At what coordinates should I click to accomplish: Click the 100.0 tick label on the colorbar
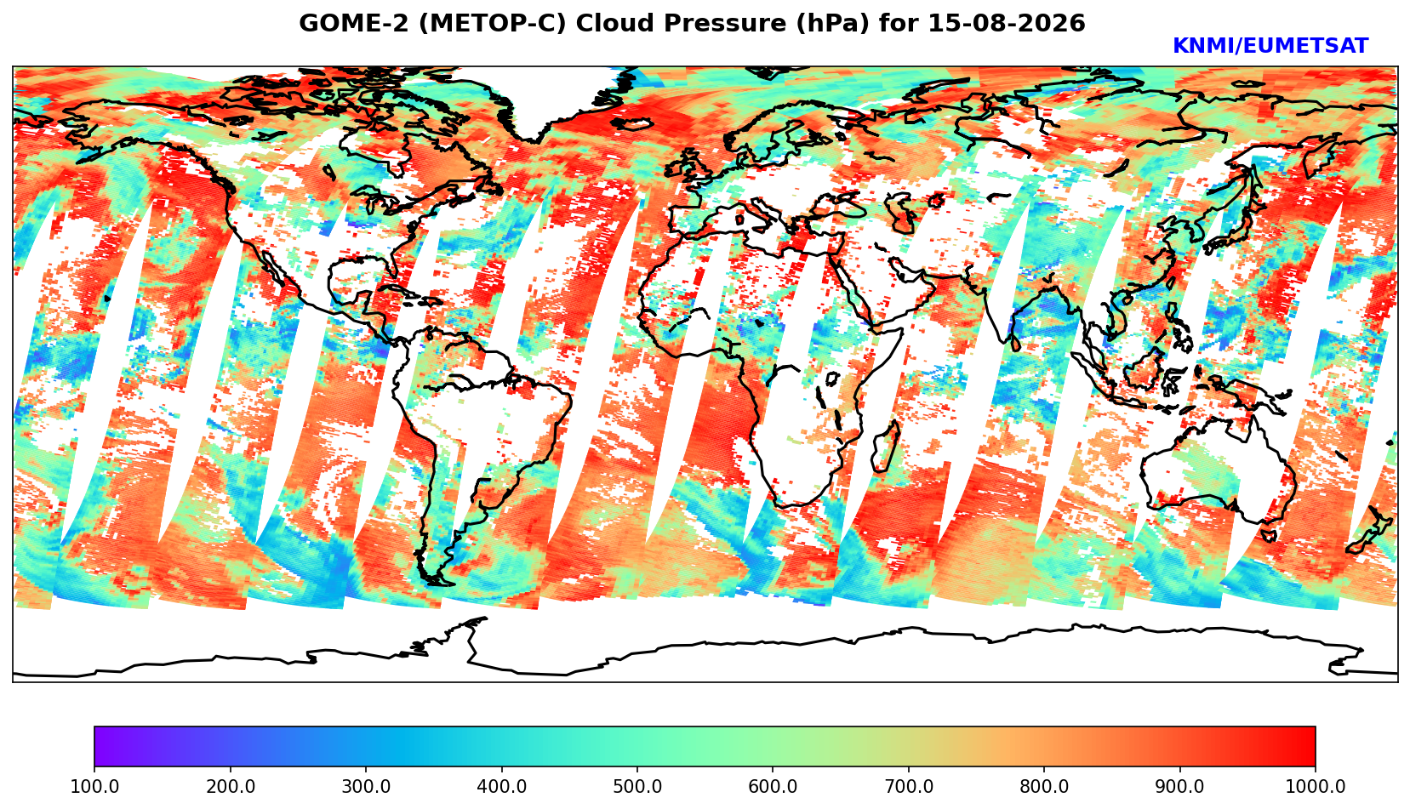coord(94,786)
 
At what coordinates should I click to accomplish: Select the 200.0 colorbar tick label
coord(231,786)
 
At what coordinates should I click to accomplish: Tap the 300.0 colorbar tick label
coord(366,786)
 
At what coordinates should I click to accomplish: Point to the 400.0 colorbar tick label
coord(502,786)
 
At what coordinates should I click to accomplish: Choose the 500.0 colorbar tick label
coord(637,786)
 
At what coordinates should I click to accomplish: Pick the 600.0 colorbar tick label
coord(773,786)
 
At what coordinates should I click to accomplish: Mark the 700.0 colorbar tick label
coord(908,786)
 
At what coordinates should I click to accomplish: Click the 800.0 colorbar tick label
coord(1044,786)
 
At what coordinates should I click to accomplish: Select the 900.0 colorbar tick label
coord(1179,786)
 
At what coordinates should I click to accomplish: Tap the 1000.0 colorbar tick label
coord(1316,786)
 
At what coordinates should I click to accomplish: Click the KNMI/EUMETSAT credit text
coord(1270,46)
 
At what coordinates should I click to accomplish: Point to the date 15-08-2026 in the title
coord(1007,23)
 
